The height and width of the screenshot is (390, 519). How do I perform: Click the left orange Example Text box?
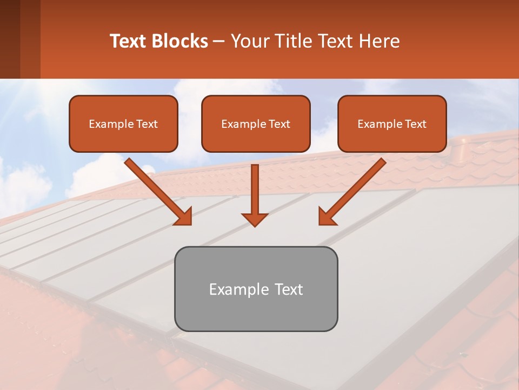click(x=123, y=123)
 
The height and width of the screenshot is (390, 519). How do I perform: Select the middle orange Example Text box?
click(x=256, y=123)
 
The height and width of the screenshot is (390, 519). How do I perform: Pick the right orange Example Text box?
click(x=392, y=123)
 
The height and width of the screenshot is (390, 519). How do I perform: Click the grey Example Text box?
click(x=256, y=289)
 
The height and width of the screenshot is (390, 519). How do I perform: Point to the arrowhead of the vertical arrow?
click(x=255, y=219)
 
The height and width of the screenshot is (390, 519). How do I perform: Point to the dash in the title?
click(x=219, y=42)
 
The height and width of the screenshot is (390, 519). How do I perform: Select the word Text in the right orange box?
click(x=415, y=123)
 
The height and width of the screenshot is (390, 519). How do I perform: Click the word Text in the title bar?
click(x=129, y=41)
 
